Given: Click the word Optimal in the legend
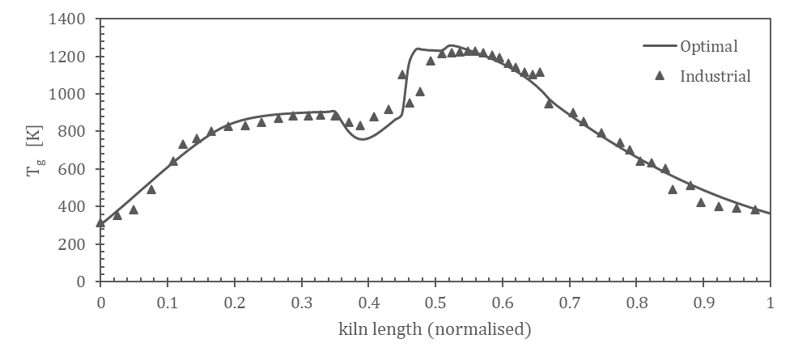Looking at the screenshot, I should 710,46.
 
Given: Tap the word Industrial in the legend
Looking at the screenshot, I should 715,77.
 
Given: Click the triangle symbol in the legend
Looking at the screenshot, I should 659,76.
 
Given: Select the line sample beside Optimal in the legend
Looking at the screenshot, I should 659,46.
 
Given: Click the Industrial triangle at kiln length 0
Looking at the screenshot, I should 100,222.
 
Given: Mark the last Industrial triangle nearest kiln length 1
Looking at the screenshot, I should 755,209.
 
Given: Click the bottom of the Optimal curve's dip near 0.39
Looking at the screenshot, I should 362,138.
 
